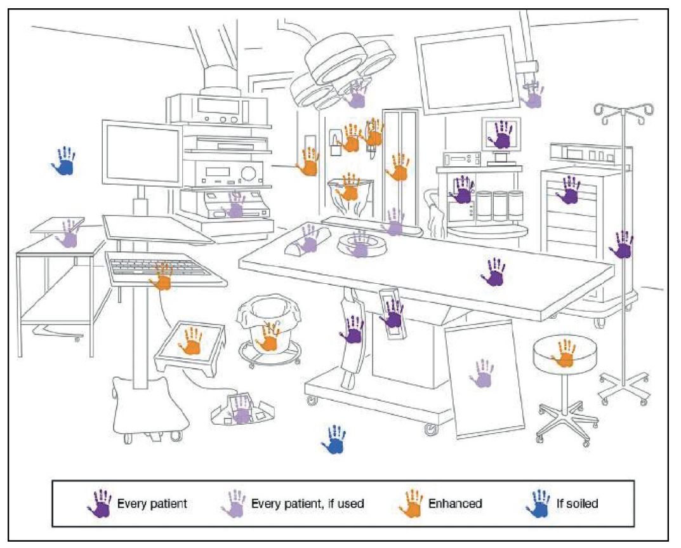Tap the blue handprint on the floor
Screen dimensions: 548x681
[x=334, y=440]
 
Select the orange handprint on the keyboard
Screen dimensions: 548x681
[x=162, y=276]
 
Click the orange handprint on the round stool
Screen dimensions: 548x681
[x=564, y=354]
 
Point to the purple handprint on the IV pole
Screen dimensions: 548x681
[x=621, y=244]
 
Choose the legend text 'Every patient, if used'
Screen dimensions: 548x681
[x=308, y=504]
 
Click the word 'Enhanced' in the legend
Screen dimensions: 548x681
[x=454, y=504]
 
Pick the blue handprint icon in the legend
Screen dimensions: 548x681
[x=538, y=503]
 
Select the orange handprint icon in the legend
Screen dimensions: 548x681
[x=411, y=503]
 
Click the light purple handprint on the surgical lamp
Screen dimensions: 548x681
[x=357, y=93]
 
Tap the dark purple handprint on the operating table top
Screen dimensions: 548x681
[x=494, y=272]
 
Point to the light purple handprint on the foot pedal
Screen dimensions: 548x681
[x=240, y=410]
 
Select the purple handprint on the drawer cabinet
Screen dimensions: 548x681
[x=568, y=190]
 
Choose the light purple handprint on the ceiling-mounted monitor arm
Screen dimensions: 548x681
[x=532, y=95]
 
